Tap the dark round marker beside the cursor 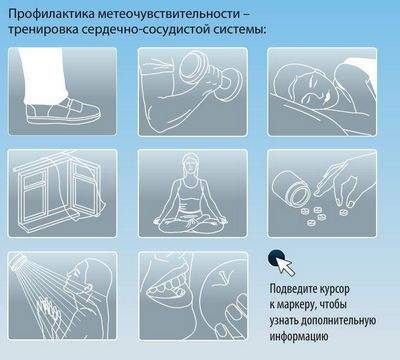274,258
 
